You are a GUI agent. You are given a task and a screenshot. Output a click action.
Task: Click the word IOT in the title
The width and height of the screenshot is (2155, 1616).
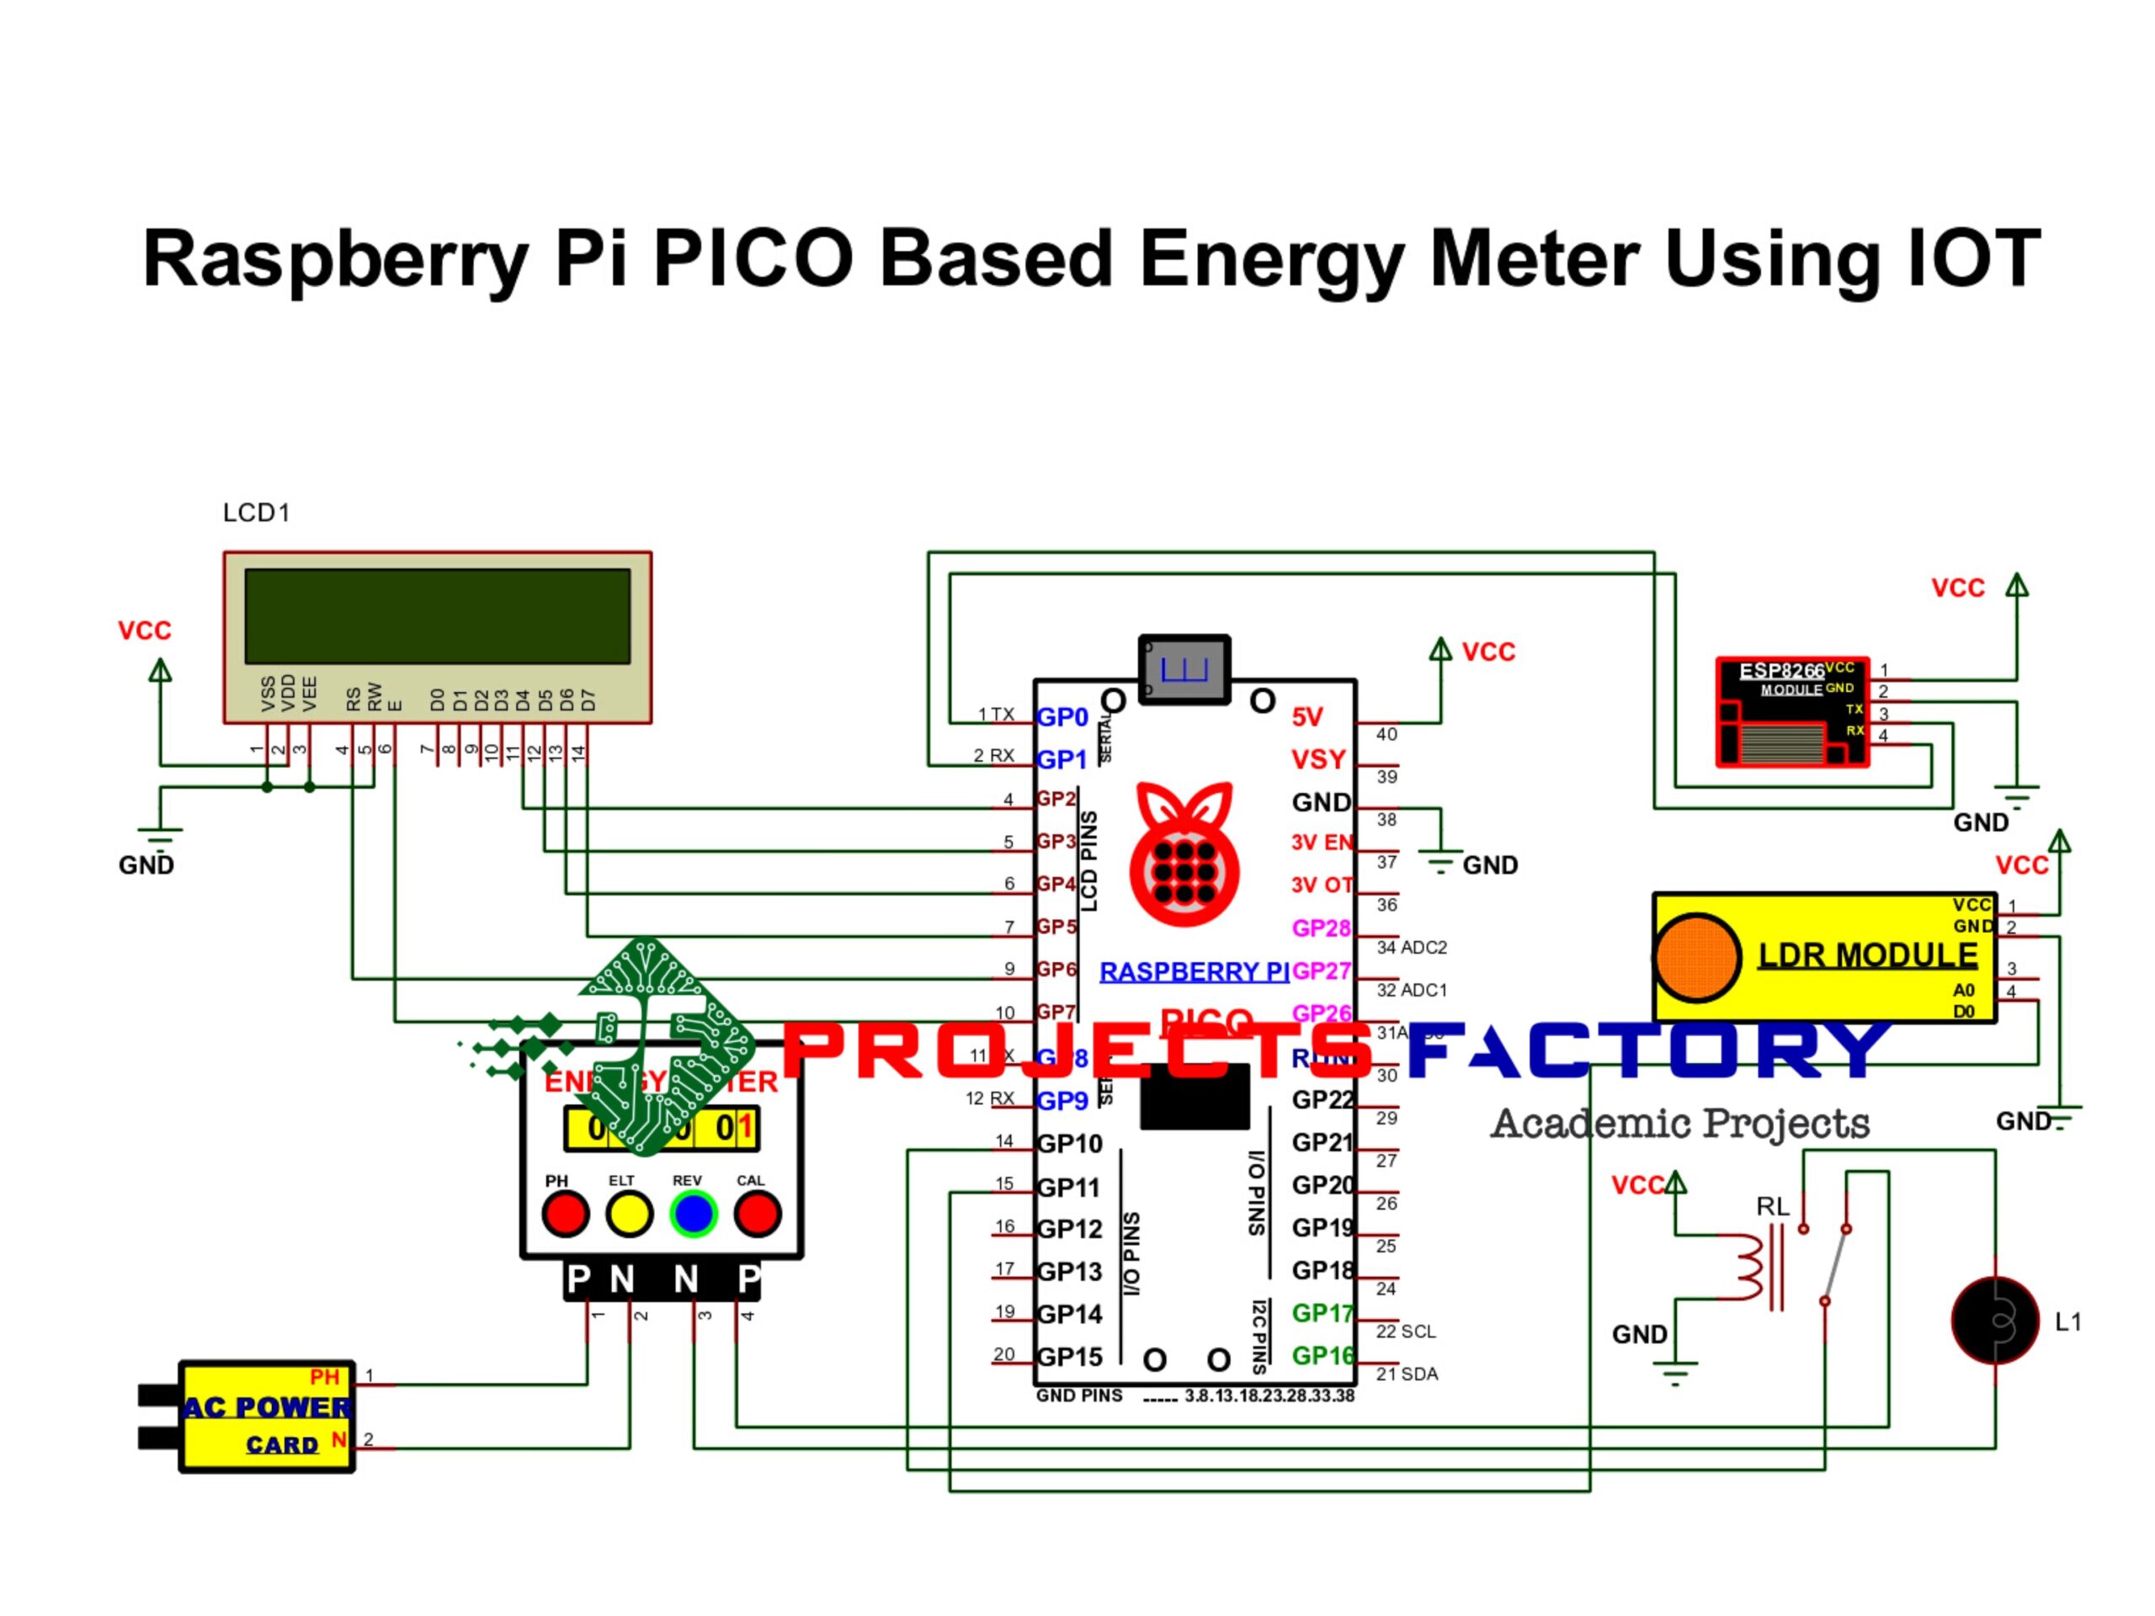click(x=1973, y=258)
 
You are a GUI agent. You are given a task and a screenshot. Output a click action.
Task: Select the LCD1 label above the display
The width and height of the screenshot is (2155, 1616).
click(x=256, y=513)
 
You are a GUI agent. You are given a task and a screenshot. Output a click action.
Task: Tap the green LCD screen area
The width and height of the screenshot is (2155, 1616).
click(x=438, y=617)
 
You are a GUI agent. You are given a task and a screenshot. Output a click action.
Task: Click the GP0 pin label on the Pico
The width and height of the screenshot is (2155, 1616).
click(x=1062, y=717)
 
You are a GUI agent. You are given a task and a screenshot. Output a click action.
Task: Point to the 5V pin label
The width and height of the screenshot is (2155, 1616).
click(x=1306, y=717)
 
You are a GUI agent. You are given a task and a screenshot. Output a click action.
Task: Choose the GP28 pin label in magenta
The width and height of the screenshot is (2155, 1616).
click(x=1320, y=928)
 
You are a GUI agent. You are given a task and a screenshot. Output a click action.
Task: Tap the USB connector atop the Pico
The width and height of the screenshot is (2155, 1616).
click(x=1184, y=669)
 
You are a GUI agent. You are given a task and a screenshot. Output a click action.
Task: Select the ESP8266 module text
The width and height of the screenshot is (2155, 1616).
click(x=1781, y=671)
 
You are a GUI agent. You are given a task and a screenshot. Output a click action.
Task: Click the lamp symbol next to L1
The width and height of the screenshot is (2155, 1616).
click(x=1995, y=1321)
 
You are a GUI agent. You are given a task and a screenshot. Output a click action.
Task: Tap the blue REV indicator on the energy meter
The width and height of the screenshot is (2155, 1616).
click(x=693, y=1214)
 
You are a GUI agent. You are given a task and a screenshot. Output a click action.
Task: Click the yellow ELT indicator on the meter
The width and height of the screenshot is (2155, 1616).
click(x=628, y=1214)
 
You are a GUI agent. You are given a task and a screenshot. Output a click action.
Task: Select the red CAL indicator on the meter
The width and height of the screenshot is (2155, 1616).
click(x=757, y=1214)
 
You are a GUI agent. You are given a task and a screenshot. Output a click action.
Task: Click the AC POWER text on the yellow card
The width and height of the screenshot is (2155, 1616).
click(x=268, y=1406)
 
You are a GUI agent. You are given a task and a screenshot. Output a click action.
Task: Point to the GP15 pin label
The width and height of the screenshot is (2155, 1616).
click(x=1069, y=1357)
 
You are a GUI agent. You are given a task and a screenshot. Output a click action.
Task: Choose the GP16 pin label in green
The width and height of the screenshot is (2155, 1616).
click(x=1322, y=1356)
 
